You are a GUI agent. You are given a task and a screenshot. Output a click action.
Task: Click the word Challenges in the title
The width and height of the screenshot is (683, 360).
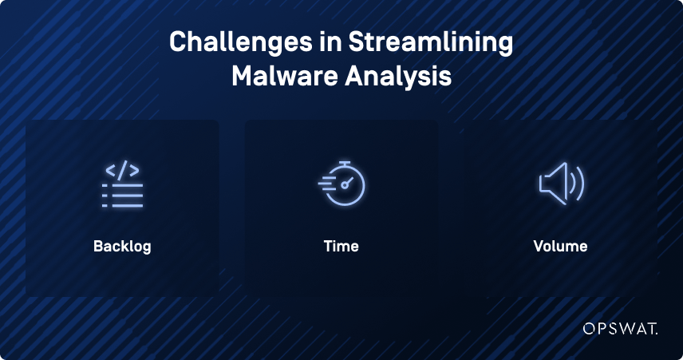[240, 43]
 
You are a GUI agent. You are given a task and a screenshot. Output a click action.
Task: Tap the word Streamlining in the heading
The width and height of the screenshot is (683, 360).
[430, 43]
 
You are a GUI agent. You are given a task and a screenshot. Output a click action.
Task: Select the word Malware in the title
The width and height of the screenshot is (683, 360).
[285, 77]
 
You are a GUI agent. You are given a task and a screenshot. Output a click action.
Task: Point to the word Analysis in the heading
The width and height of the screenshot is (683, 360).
[398, 77]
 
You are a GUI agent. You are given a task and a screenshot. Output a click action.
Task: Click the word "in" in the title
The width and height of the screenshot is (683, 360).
[330, 42]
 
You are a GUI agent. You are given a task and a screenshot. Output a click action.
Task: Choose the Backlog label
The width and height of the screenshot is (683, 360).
[122, 247]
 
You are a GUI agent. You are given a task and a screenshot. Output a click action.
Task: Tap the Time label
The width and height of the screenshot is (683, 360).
[341, 246]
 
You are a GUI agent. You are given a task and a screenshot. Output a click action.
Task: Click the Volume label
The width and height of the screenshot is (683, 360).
[560, 246]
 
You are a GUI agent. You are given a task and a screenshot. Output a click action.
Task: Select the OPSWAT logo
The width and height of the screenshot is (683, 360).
[620, 329]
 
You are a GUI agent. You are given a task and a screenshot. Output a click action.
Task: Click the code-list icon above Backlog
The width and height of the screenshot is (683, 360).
[122, 184]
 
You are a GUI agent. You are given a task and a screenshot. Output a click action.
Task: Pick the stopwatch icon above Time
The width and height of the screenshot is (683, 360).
[341, 183]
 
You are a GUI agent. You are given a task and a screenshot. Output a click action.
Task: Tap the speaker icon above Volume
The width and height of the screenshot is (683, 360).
[561, 184]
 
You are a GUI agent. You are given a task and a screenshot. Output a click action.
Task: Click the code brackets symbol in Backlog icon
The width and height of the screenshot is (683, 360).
[122, 170]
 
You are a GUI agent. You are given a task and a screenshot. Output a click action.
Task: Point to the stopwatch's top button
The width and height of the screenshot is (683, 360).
[345, 163]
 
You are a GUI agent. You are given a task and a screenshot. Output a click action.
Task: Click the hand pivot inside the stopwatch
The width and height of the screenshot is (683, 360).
[345, 185]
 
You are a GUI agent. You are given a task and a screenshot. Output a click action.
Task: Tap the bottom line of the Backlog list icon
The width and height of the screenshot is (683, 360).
[122, 205]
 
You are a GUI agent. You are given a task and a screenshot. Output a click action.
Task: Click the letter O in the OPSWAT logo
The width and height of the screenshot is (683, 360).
[590, 329]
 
